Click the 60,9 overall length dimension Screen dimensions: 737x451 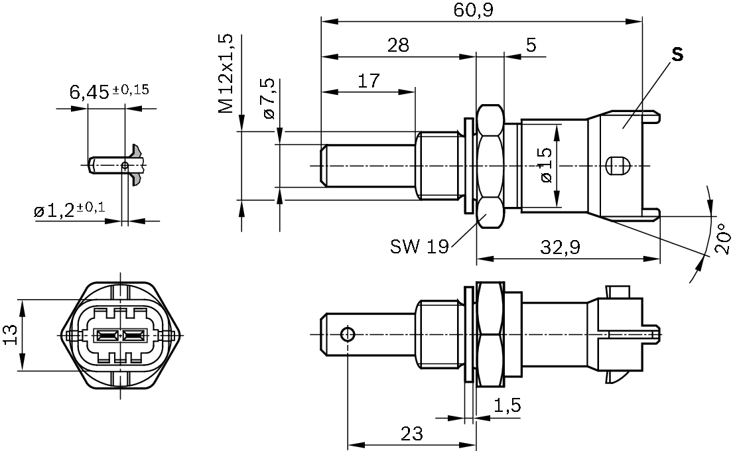[x=474, y=10]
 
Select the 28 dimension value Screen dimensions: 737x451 [x=398, y=45]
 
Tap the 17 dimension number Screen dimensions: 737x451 [x=369, y=81]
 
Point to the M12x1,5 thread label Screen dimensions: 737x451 [x=226, y=73]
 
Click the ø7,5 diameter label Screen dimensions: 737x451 [x=269, y=99]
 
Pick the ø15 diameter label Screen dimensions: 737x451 [x=546, y=165]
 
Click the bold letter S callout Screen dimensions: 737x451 [x=677, y=54]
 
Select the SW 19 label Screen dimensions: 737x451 [x=419, y=245]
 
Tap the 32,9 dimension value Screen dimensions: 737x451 [x=561, y=247]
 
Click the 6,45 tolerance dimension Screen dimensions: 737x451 [x=109, y=91]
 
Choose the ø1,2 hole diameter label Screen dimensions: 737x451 [x=70, y=210]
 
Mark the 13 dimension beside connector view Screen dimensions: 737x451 [x=11, y=335]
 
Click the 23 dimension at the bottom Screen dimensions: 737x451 [x=412, y=434]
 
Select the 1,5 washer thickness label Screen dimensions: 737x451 [x=507, y=405]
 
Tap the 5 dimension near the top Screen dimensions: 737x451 [x=531, y=45]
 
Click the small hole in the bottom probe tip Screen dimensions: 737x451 [x=348, y=334]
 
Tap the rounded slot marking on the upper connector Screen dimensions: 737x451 [x=617, y=165]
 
